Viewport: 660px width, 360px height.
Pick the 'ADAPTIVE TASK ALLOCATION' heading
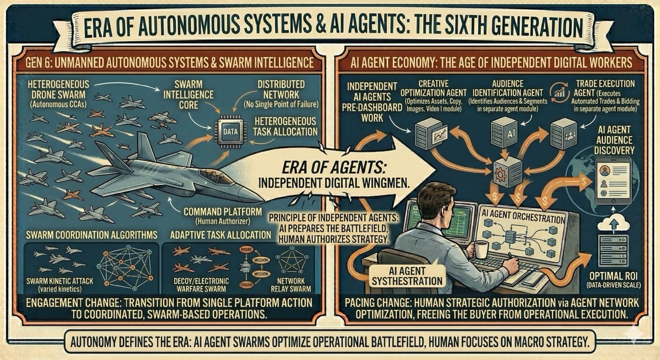coord(221,235)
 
